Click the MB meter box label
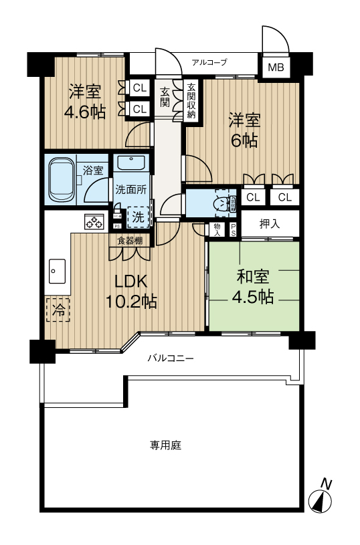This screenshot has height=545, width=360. (x=276, y=67)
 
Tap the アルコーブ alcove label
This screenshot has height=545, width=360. (x=209, y=62)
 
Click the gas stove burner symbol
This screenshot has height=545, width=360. (x=92, y=221)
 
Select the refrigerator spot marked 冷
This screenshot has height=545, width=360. (x=59, y=310)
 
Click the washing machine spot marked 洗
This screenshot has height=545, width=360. (x=137, y=216)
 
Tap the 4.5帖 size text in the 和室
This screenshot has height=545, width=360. (x=254, y=297)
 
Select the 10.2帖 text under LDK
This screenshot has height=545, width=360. (x=131, y=302)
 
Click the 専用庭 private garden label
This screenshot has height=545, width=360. (x=165, y=445)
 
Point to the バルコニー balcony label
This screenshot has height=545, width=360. (x=171, y=358)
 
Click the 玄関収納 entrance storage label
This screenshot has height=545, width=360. (x=191, y=100)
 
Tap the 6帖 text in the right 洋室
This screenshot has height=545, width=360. (x=245, y=140)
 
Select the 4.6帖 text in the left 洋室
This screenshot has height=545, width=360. (x=84, y=112)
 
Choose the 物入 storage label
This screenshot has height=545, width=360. (x=217, y=229)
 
